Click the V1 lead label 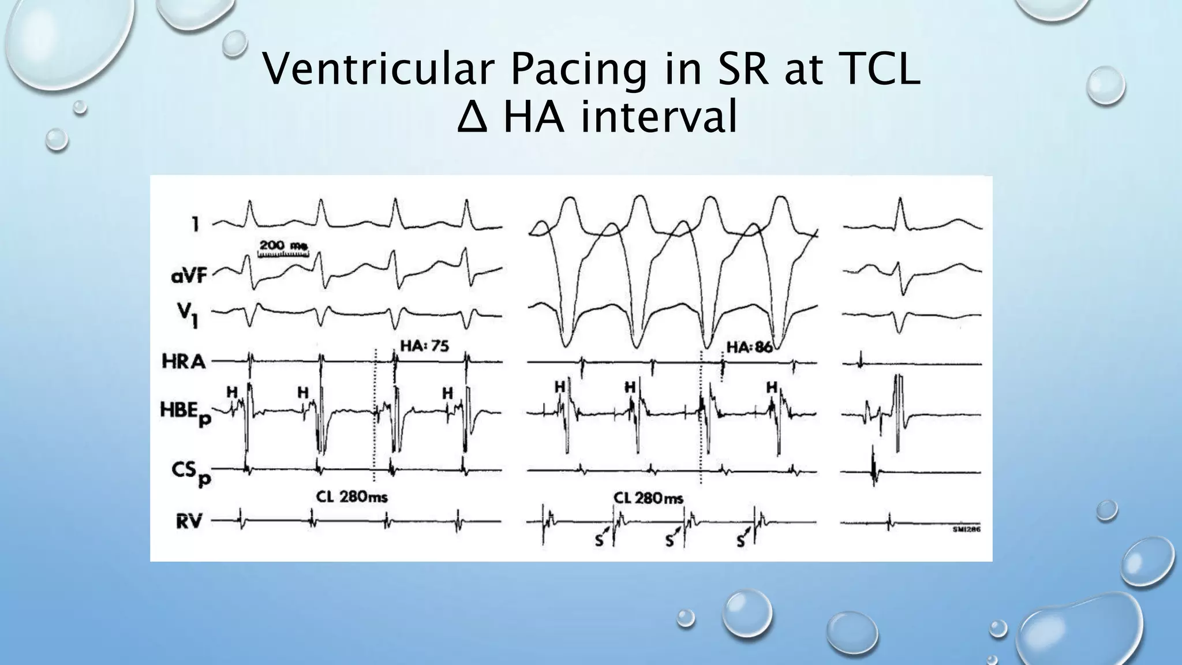(192, 316)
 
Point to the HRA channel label (184, 362)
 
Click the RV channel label (188, 521)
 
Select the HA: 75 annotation (424, 346)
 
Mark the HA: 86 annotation (749, 347)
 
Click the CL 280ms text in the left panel (351, 496)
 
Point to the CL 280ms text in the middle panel (648, 497)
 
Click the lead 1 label (196, 224)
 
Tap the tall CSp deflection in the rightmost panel (873, 465)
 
